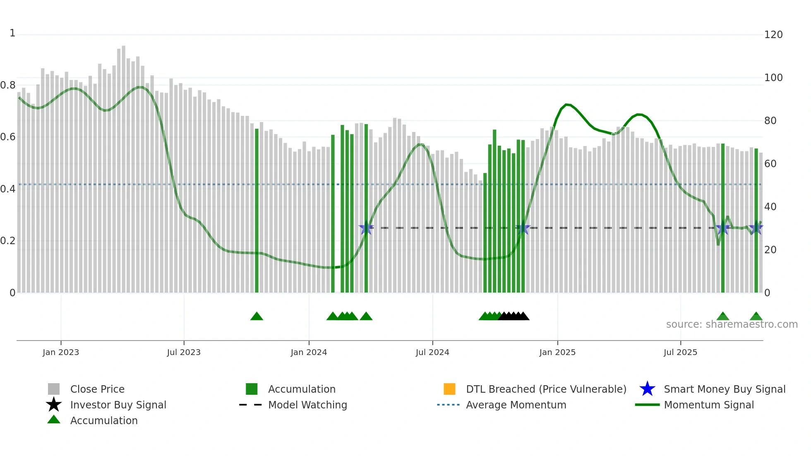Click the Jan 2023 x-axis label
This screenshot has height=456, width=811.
pos(61,353)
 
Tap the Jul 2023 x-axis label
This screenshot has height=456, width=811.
pos(184,353)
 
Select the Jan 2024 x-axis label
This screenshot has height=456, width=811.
pos(309,353)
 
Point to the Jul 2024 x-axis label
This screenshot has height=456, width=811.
pos(432,353)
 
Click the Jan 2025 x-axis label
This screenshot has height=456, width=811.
pos(557,353)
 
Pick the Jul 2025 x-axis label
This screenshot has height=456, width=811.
pos(680,353)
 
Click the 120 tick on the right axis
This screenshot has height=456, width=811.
pos(773,35)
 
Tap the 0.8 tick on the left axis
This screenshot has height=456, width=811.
pos(8,85)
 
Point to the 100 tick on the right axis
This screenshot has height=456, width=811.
pos(773,78)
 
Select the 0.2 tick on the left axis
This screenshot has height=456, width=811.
pos(8,241)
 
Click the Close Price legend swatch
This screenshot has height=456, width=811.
pos(54,389)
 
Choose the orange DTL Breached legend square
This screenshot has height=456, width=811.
pos(449,389)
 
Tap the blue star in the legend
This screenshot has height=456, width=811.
pos(647,389)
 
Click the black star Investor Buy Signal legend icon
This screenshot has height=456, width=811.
pos(54,405)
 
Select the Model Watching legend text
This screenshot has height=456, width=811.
pos(307,405)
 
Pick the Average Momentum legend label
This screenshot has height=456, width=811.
pos(516,405)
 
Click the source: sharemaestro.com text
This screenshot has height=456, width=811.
pos(732,324)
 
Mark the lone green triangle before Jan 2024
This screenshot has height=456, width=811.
pos(257,317)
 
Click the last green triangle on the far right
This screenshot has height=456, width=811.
pos(756,317)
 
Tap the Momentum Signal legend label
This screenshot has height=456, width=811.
pos(709,405)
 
